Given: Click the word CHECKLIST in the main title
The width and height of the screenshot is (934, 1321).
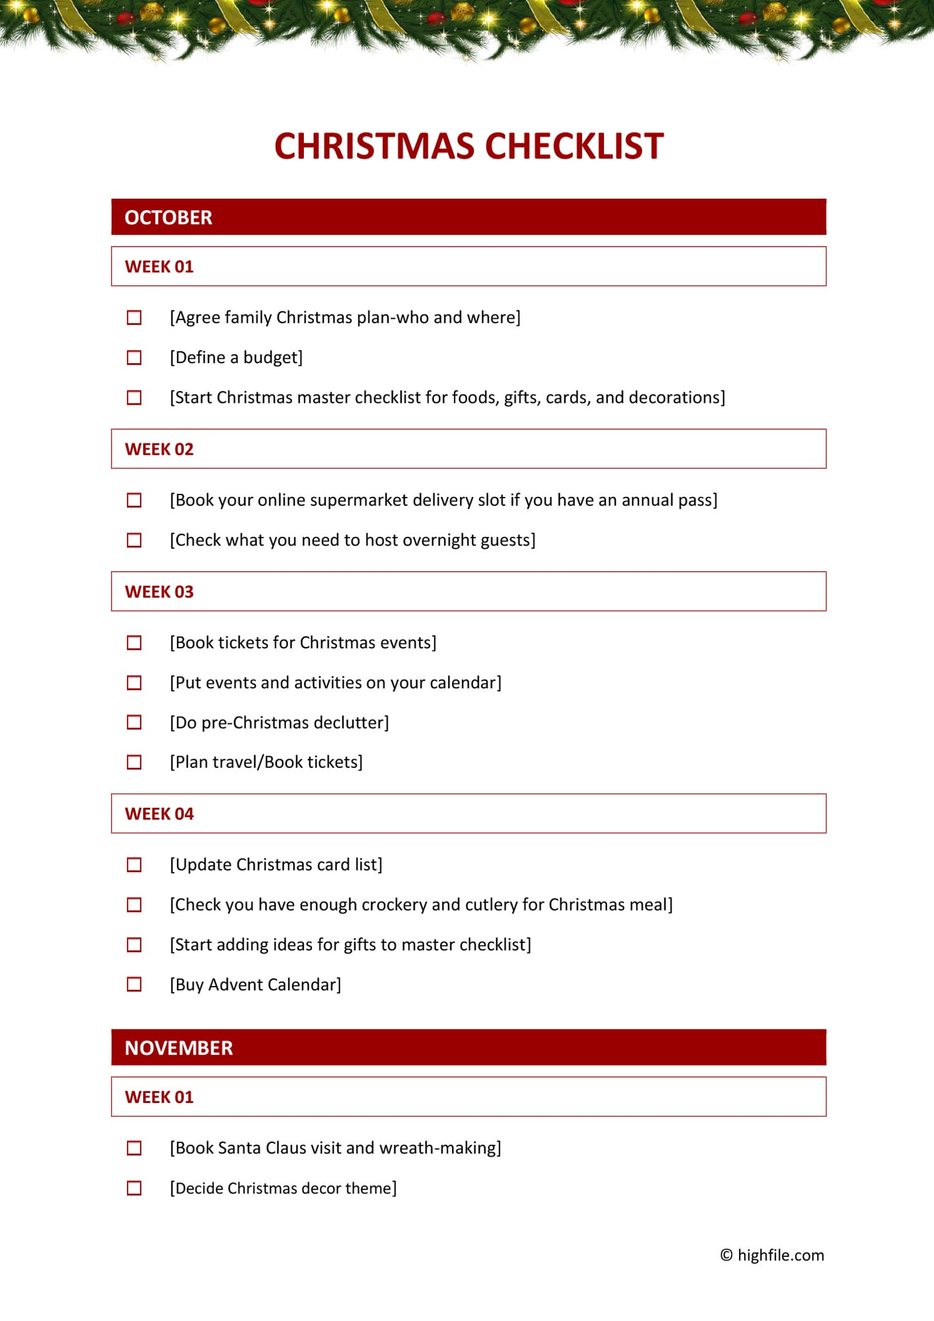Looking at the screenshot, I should click(574, 147).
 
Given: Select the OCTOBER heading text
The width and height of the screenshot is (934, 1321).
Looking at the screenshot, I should click(168, 217).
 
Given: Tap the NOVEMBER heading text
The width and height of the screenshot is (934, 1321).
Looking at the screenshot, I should click(179, 1048).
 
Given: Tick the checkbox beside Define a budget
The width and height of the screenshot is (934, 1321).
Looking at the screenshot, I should click(134, 357).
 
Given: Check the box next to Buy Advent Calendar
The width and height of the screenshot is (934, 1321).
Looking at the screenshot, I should click(134, 984).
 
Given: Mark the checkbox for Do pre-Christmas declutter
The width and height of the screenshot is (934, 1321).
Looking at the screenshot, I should click(134, 722).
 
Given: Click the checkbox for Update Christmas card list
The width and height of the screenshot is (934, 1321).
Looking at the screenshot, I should click(134, 864).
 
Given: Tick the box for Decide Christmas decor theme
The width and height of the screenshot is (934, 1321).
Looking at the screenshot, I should click(134, 1188).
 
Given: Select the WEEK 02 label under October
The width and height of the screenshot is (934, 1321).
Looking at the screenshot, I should click(159, 449).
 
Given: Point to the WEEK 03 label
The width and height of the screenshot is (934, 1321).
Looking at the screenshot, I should click(159, 592).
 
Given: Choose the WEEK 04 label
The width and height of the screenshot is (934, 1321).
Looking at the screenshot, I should click(159, 814).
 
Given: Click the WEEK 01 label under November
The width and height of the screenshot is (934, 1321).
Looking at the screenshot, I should click(159, 1097).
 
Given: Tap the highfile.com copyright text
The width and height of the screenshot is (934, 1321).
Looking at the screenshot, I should click(772, 1255).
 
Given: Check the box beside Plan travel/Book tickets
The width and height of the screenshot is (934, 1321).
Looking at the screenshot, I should click(134, 762).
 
